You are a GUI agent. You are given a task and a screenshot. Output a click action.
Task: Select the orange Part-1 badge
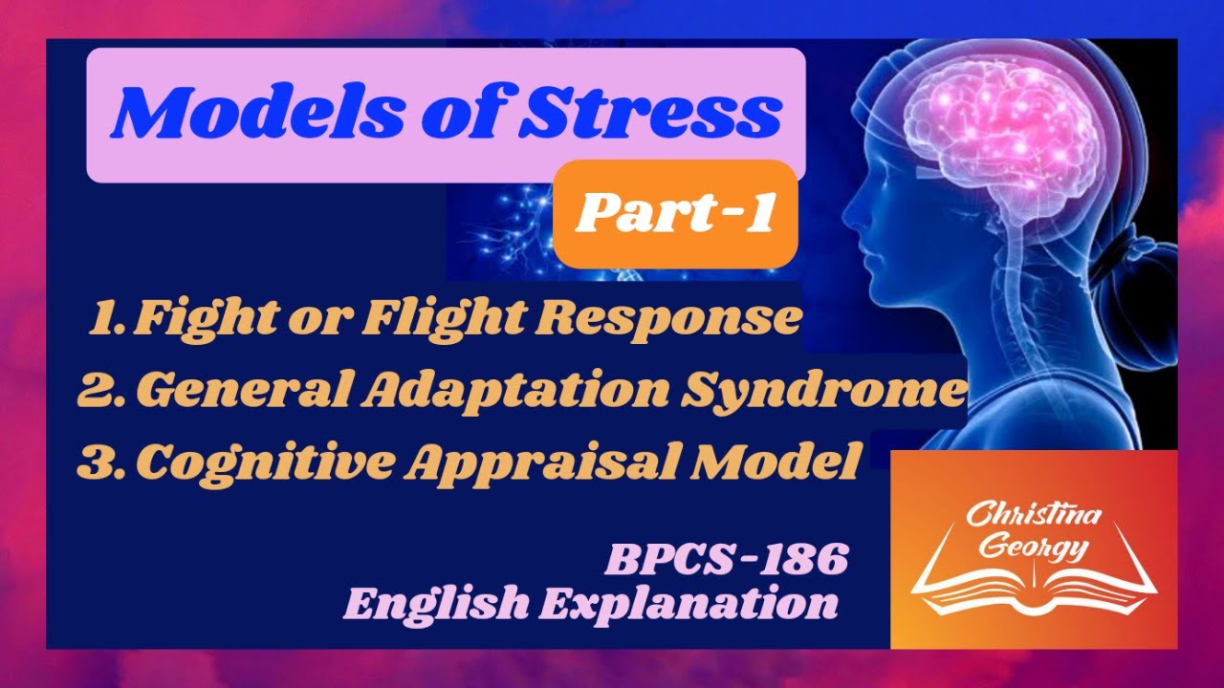tap(675, 215)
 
